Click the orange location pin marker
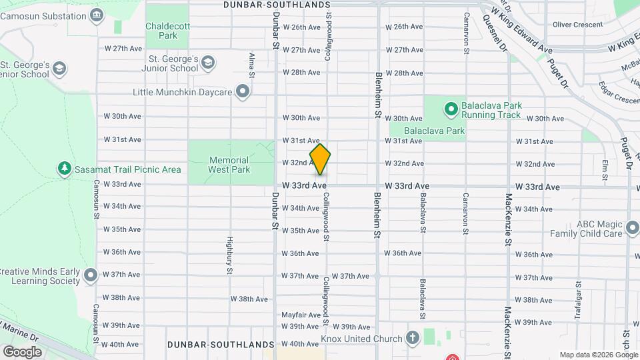[x=320, y=159]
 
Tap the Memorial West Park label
[x=229, y=165]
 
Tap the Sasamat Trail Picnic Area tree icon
[x=65, y=169]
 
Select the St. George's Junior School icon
[x=208, y=63]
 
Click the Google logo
[x=23, y=351]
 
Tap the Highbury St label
[x=228, y=256]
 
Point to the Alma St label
[x=251, y=65]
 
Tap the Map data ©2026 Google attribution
[x=597, y=355]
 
